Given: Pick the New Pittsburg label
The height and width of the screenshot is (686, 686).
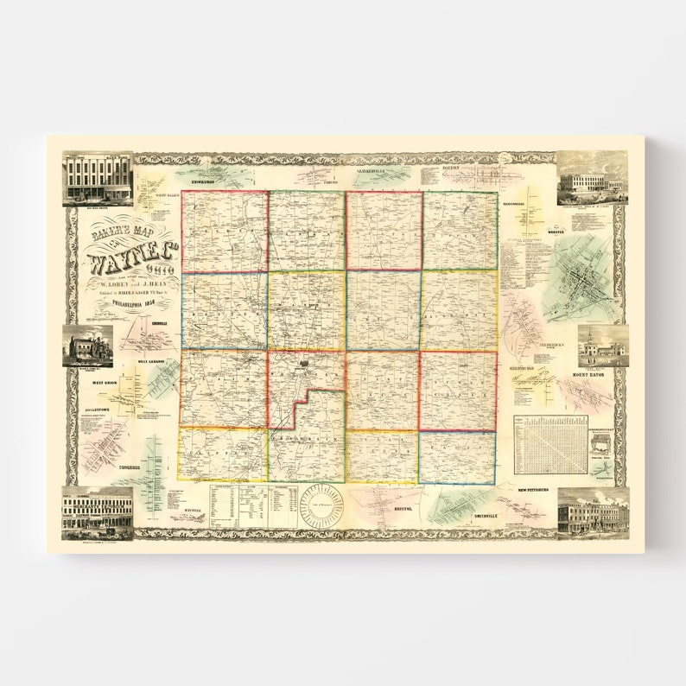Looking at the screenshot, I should pyautogui.click(x=534, y=491).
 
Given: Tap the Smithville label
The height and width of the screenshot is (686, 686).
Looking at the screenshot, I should pyautogui.click(x=486, y=516).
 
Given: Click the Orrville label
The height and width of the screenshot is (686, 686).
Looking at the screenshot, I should pyautogui.click(x=159, y=322).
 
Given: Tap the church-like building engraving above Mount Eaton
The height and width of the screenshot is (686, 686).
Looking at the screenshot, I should pyautogui.click(x=602, y=346).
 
